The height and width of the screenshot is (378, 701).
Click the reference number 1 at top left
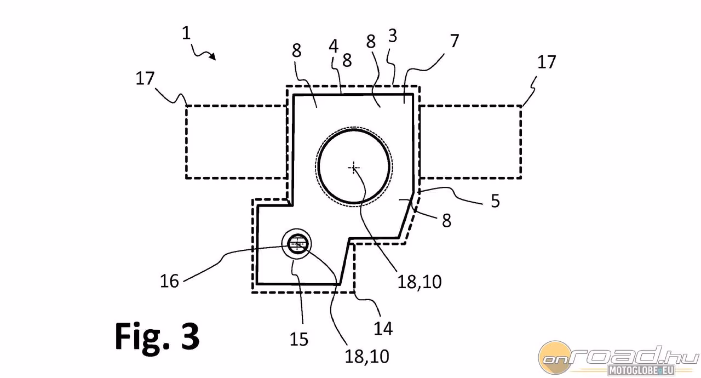coord(186,33)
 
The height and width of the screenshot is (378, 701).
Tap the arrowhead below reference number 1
coord(213,56)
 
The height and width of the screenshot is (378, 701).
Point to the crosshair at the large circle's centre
coord(354,168)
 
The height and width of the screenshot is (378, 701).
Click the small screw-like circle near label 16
coord(297,244)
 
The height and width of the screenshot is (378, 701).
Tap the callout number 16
coord(169,280)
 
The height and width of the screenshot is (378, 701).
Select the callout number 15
coord(299,339)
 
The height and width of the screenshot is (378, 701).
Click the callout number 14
coord(383,328)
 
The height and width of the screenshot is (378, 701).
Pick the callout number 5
coord(496,201)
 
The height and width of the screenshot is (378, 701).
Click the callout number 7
coord(455,41)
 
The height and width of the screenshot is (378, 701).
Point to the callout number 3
coord(393,36)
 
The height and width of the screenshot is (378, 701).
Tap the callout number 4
coord(334,47)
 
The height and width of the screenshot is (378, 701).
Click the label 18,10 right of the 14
coord(420,282)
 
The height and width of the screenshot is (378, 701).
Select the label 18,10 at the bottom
coord(367,356)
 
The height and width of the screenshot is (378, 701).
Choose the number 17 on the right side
coord(547,62)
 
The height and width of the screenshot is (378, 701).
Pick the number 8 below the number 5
coord(446,221)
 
